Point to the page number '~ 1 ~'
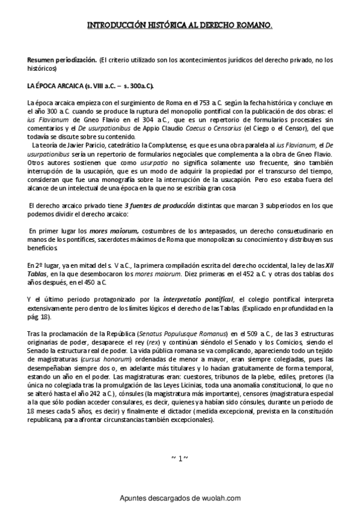click(x=180, y=459)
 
